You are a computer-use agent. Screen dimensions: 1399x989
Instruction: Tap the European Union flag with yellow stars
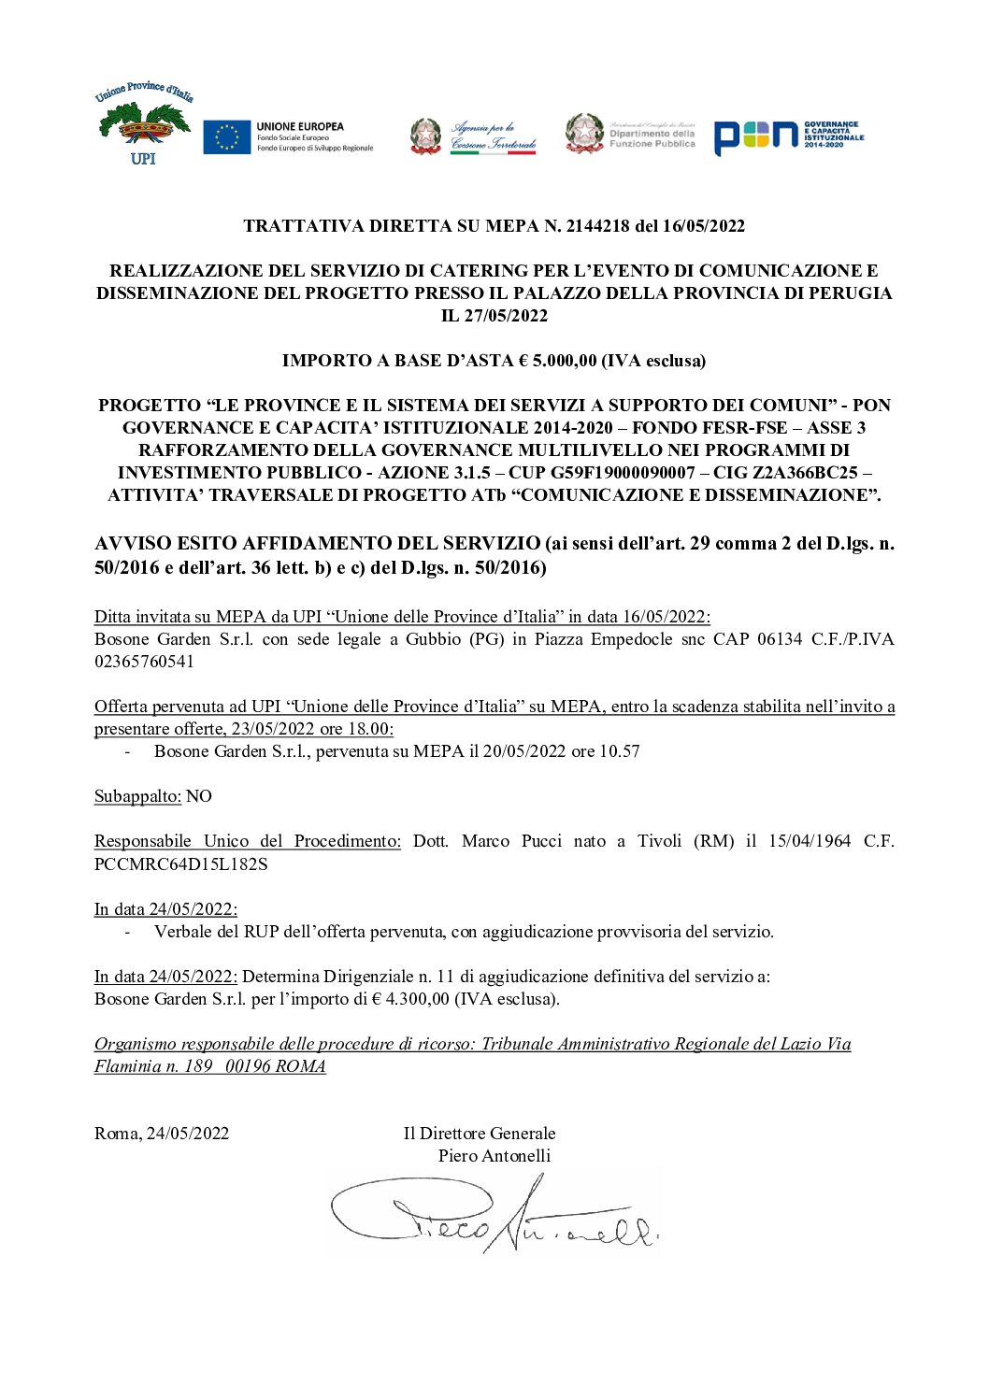pos(226,137)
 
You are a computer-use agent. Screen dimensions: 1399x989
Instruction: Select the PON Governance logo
pos(788,136)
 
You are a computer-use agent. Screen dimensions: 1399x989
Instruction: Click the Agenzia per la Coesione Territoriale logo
pos(474,136)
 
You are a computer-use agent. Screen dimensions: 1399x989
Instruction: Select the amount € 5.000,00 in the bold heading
pos(554,361)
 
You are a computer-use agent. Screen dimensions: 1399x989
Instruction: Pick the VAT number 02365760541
pos(144,662)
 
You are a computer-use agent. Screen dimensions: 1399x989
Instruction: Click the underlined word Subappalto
pos(137,796)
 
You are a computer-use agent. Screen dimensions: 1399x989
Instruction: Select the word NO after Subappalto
pos(199,796)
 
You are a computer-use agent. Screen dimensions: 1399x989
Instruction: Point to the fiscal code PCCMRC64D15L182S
pos(180,864)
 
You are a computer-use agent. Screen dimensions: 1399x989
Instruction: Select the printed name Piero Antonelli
pos(494,1156)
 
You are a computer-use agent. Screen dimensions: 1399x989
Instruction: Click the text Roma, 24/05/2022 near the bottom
pos(162,1134)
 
